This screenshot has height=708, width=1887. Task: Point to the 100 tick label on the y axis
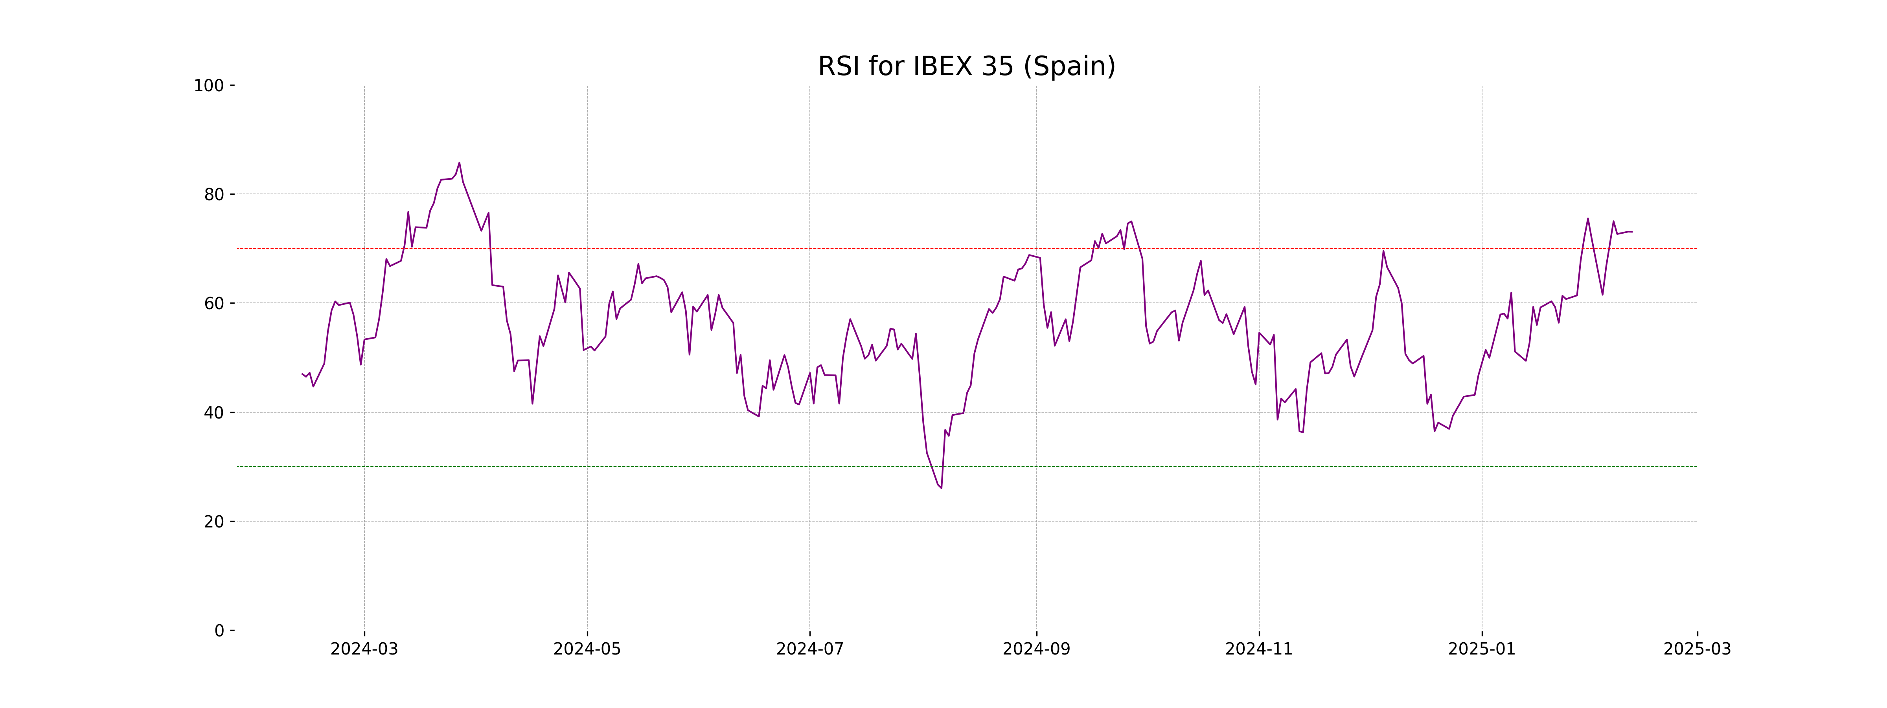209,86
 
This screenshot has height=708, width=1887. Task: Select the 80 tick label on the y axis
214,195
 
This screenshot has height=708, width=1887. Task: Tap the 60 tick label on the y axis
214,303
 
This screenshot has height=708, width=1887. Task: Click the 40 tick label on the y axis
214,413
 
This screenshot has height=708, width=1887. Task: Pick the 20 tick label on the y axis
214,522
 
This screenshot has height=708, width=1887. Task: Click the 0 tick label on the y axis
219,631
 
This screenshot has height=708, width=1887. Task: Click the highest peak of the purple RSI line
459,163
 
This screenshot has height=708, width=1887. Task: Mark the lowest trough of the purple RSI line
941,488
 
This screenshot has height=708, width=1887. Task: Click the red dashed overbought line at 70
732,249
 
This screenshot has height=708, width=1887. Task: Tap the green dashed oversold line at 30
732,467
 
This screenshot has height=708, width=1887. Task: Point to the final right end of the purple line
1631,232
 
